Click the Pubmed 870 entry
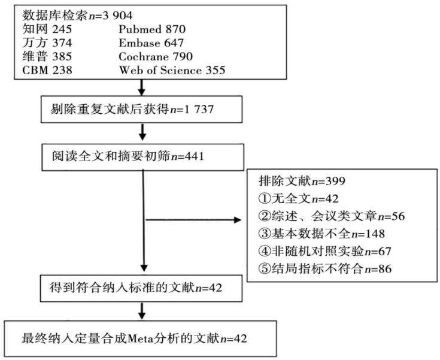point(152,29)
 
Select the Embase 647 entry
point(151,43)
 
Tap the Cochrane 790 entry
point(156,56)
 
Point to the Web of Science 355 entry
point(172,70)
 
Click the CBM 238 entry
point(47,70)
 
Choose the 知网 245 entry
point(47,29)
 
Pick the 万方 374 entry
point(47,43)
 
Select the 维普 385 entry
point(47,56)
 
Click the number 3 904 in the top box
point(117,16)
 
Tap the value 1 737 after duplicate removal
point(199,109)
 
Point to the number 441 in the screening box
point(194,156)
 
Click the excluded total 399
point(335,181)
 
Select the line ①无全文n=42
point(298,199)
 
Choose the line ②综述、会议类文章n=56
point(332,216)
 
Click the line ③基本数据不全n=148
point(321,234)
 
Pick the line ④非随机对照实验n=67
point(324,251)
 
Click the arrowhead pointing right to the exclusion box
point(238,220)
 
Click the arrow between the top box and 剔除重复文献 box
point(142,87)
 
